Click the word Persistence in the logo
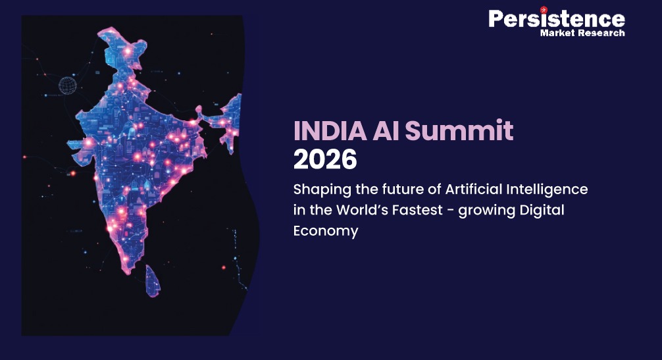pyautogui.click(x=556, y=18)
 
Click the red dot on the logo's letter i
pyautogui.click(x=544, y=10)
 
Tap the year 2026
pyautogui.click(x=325, y=159)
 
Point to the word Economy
pyautogui.click(x=326, y=231)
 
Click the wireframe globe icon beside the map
pyautogui.click(x=68, y=85)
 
